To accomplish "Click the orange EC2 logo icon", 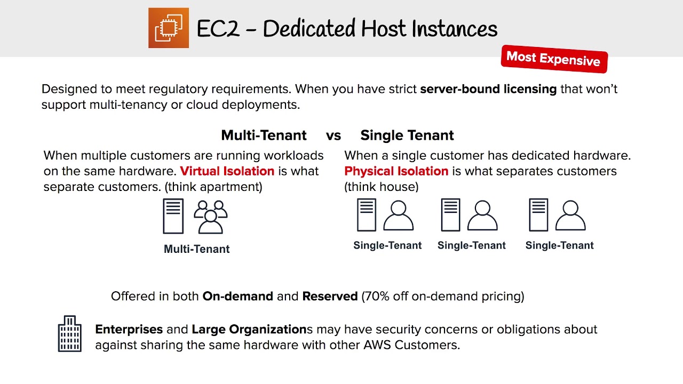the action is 169,28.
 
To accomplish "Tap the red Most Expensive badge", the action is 554,59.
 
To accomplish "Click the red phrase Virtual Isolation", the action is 227,171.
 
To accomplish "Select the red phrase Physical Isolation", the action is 396,171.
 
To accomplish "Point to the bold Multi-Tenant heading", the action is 264,135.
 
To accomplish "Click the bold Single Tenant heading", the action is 407,135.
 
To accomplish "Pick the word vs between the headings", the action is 333,136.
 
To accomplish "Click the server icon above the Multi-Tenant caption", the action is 173,216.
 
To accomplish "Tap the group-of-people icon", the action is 211,217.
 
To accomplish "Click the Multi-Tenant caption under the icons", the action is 197,249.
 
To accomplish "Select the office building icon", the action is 70,334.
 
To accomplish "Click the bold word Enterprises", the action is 129,330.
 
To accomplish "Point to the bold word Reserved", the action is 330,296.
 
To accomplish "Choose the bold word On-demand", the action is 238,296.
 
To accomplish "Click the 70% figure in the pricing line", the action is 377,296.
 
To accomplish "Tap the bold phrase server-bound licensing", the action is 488,89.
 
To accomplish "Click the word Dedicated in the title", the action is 309,28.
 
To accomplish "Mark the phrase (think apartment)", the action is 213,187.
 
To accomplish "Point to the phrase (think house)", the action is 382,187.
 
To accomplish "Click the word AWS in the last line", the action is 377,345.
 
